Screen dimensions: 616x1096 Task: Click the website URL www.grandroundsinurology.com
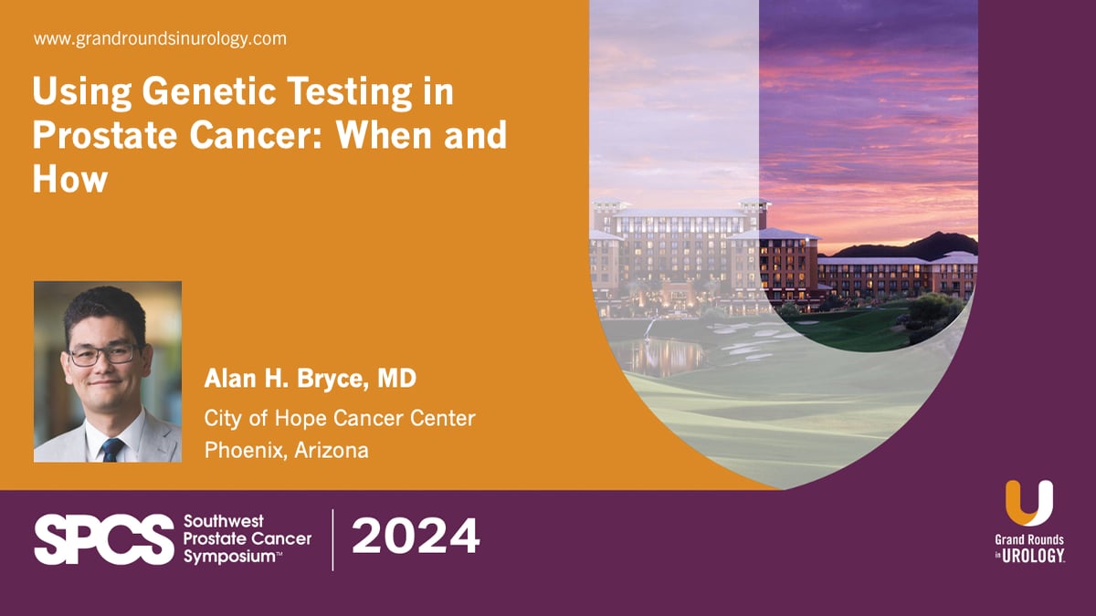click(160, 39)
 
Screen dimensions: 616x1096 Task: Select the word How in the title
click(70, 179)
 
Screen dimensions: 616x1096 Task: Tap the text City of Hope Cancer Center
click(340, 419)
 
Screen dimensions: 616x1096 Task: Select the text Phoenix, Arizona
click(287, 451)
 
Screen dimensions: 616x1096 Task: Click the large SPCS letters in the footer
click(103, 539)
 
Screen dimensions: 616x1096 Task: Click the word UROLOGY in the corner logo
click(1034, 556)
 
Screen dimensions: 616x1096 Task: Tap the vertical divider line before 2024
click(332, 539)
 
